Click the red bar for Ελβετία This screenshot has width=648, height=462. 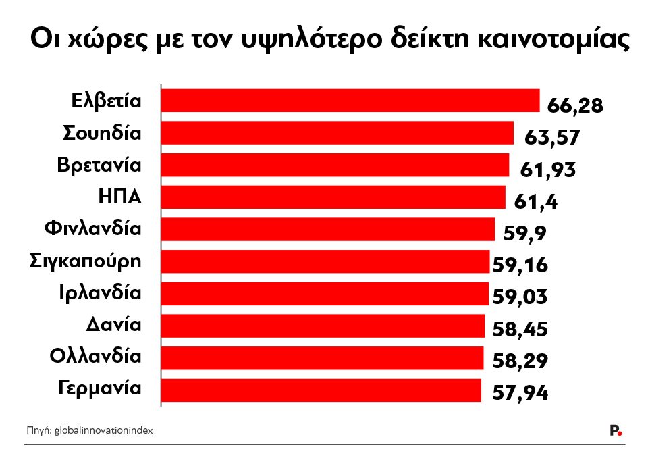tap(350, 101)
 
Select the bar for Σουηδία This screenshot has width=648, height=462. tap(337, 133)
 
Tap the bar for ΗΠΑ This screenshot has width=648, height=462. tap(333, 197)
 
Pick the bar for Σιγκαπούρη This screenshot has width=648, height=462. tap(325, 261)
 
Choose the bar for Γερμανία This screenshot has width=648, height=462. tap(321, 390)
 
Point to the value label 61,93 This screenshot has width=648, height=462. tap(547, 170)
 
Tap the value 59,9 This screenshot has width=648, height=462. tap(525, 233)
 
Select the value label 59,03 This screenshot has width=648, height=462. tap(520, 297)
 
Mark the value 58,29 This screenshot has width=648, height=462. tap(520, 361)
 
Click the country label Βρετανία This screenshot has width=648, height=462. tap(100, 165)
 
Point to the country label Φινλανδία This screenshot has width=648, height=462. tap(93, 229)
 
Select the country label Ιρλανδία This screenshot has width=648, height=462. tap(100, 293)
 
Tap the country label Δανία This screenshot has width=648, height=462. tap(113, 325)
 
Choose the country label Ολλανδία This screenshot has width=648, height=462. tap(96, 357)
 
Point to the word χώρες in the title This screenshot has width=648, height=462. tap(99, 41)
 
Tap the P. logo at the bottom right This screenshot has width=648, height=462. tap(615, 430)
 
